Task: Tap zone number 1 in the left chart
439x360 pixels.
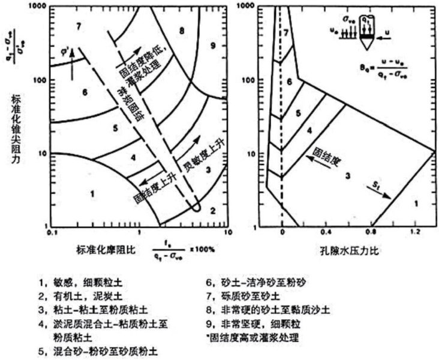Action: (x=92, y=193)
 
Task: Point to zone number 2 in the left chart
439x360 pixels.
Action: (x=212, y=211)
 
